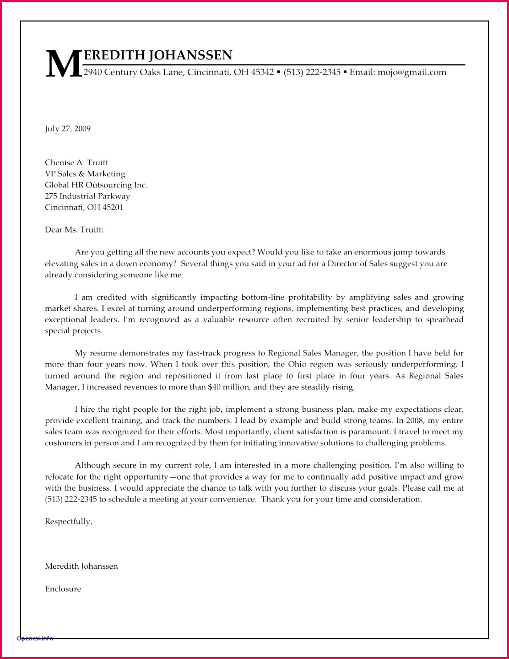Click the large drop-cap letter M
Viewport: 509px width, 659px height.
pos(63,64)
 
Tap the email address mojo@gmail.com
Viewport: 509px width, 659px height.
pos(412,72)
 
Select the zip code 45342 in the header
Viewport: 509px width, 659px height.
pos(262,72)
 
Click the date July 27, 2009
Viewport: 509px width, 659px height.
pos(68,129)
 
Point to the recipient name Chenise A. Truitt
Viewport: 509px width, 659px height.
pos(76,162)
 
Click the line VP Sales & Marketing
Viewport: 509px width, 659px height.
pos(85,174)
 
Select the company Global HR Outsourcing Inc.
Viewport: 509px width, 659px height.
pos(96,185)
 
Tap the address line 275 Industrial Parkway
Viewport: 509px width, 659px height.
pos(87,196)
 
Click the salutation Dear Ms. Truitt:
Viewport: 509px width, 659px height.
pos(74,230)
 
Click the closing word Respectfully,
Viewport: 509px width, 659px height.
pos(69,522)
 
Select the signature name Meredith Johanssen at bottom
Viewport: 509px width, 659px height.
pos(81,567)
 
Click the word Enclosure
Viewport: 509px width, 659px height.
pos(63,589)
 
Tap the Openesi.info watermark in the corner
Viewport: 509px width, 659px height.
pos(35,638)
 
